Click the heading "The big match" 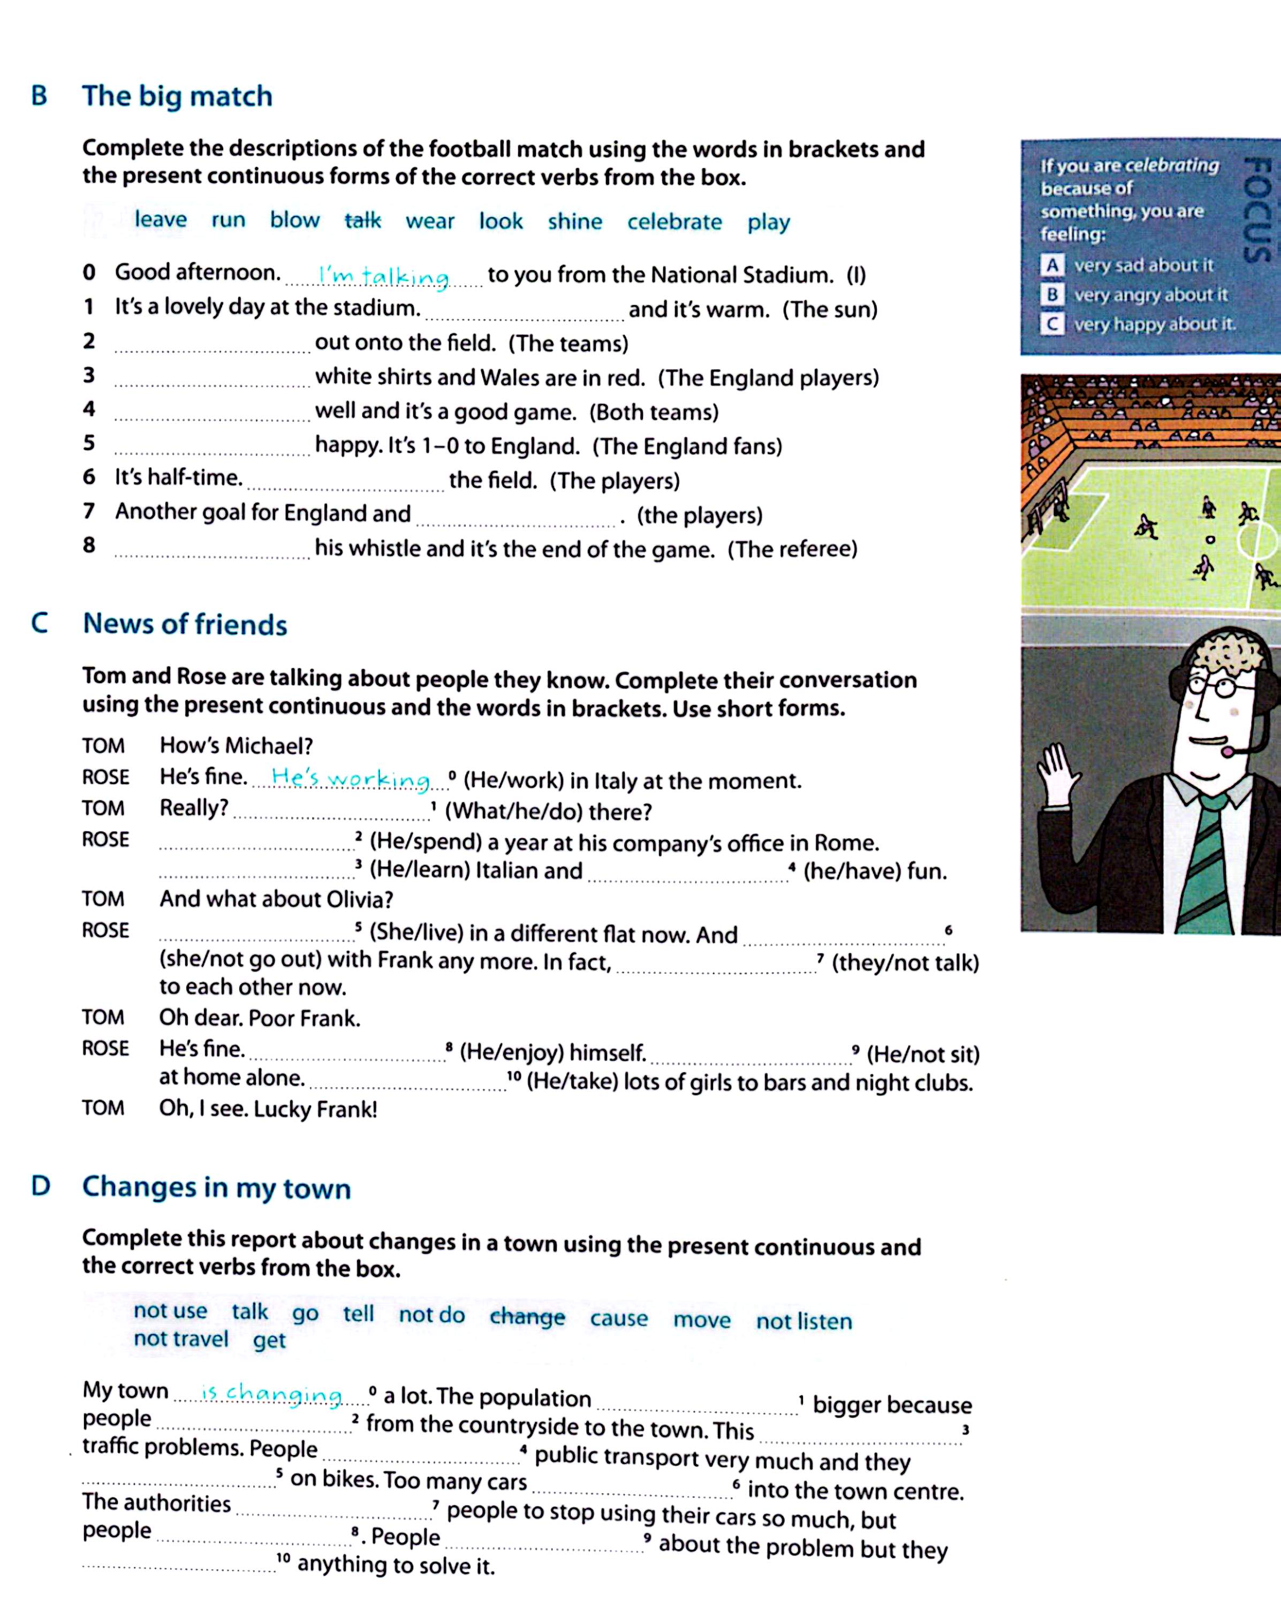[x=177, y=96]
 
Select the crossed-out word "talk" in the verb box [x=363, y=221]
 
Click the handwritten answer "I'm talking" [x=384, y=276]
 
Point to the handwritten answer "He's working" [x=351, y=778]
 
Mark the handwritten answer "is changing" [x=272, y=1393]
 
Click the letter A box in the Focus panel [x=1051, y=265]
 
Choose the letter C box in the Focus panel [x=1051, y=324]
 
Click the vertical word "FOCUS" [x=1256, y=209]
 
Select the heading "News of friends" [x=185, y=624]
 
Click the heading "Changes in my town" [x=216, y=1187]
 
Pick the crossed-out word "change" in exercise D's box [x=527, y=1316]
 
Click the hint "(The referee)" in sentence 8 [x=792, y=550]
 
